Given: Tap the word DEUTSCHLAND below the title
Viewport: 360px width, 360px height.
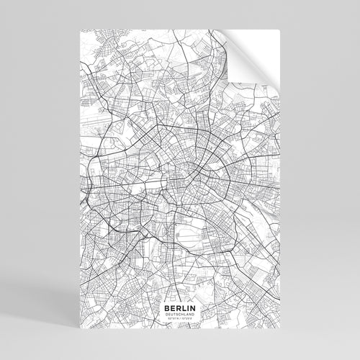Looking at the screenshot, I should pyautogui.click(x=179, y=313).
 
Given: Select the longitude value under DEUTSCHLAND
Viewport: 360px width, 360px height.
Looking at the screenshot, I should pyautogui.click(x=187, y=318).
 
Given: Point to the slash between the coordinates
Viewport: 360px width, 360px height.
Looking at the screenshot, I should pyautogui.click(x=179, y=318).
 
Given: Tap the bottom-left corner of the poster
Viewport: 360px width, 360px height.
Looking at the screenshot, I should pyautogui.click(x=76, y=329).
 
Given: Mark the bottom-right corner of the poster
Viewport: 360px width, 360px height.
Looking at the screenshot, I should pyautogui.click(x=282, y=329).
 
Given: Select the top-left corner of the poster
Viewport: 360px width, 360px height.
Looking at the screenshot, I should pyautogui.click(x=76, y=31).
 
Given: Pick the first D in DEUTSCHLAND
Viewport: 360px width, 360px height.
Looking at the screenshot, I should pyautogui.click(x=167, y=313).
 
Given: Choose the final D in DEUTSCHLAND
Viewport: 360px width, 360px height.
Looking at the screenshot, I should pyautogui.click(x=192, y=313).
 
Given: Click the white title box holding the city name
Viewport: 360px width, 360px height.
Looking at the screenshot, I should pyautogui.click(x=179, y=310).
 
